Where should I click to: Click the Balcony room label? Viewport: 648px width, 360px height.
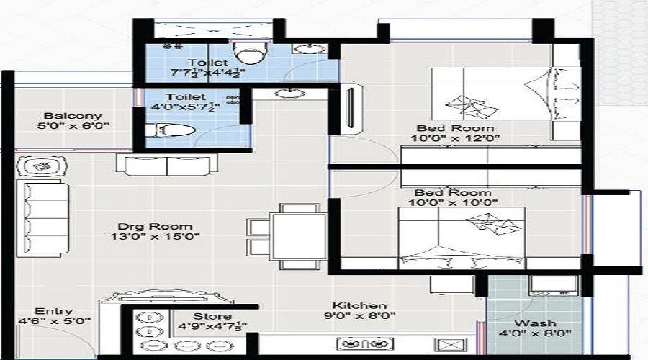pyautogui.click(x=73, y=116)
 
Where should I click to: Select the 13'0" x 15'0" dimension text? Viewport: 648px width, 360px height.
pyautogui.click(x=154, y=236)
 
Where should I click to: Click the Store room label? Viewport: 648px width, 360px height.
pyautogui.click(x=212, y=316)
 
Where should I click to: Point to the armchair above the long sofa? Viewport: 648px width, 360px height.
pyautogui.click(x=43, y=167)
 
